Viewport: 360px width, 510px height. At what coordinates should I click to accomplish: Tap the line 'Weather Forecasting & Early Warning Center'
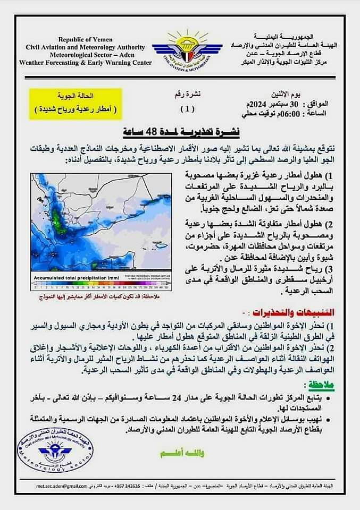pos(85,62)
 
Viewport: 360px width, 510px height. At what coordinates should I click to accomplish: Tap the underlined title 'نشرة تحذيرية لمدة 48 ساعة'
pos(180,131)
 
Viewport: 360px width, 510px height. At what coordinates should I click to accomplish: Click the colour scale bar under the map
pos(101,285)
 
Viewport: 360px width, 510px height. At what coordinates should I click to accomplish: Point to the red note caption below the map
pos(101,296)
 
